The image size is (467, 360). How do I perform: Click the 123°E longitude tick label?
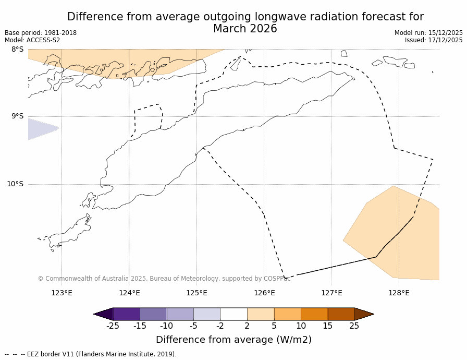click(x=62, y=293)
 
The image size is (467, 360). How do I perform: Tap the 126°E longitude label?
click(x=264, y=293)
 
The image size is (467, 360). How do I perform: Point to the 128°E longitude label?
click(x=399, y=293)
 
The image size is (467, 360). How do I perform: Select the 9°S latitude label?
click(x=17, y=116)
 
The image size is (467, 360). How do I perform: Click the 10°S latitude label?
click(x=15, y=184)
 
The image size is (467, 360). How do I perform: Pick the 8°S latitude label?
click(x=17, y=50)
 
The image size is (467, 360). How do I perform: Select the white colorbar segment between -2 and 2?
click(x=234, y=314)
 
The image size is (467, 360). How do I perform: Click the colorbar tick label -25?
click(x=113, y=326)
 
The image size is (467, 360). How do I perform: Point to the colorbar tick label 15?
click(x=327, y=326)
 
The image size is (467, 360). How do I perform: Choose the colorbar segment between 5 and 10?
click(x=288, y=314)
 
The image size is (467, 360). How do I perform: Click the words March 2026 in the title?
click(x=245, y=29)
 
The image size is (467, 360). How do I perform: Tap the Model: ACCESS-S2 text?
click(x=32, y=40)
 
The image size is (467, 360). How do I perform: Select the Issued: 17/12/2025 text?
click(x=434, y=40)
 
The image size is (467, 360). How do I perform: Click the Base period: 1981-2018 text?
click(x=41, y=33)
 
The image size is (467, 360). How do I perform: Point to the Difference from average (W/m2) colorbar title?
click(x=233, y=340)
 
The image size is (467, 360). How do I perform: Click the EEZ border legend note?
click(x=91, y=354)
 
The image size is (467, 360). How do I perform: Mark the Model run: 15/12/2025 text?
click(x=428, y=33)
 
